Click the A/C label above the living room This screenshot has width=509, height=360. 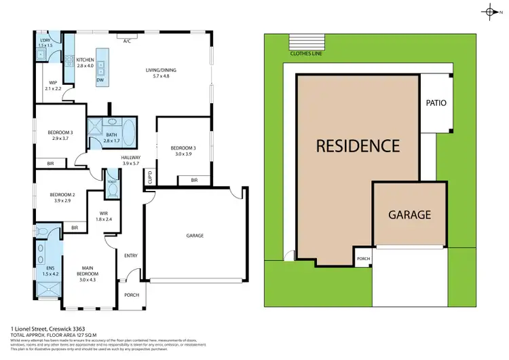[x=127, y=41]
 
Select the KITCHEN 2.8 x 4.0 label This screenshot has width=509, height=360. [x=85, y=62]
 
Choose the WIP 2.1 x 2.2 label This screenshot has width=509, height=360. [x=53, y=86]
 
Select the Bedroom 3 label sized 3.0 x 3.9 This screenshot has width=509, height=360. [x=182, y=151]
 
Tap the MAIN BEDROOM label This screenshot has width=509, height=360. [x=88, y=272]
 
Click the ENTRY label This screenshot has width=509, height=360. [x=131, y=255]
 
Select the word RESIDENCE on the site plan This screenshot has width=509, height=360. [x=358, y=145]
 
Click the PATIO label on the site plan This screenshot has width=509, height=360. [x=436, y=103]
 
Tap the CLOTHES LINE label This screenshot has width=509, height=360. [x=305, y=52]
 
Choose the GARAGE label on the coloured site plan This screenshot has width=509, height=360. [x=409, y=215]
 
